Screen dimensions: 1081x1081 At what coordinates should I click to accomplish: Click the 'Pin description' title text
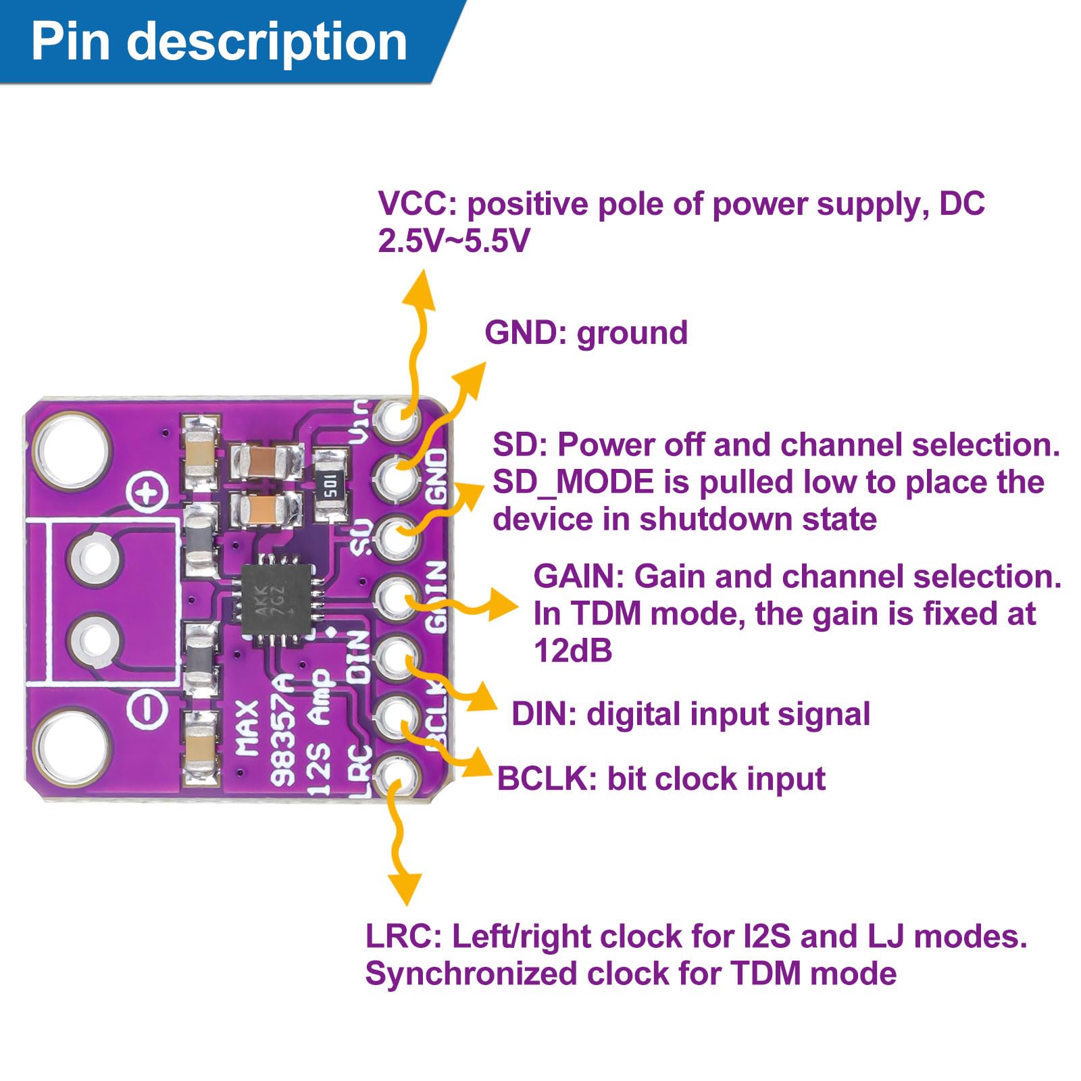[219, 42]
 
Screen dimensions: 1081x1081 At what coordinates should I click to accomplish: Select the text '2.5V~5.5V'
[453, 241]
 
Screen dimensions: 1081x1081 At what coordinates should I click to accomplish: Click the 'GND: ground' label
[586, 333]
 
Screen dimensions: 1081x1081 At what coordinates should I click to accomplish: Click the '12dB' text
[573, 651]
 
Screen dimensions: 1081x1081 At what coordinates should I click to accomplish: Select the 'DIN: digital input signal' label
[690, 714]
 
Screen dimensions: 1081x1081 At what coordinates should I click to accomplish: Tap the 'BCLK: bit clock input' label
[661, 779]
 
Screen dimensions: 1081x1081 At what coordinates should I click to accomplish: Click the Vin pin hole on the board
[399, 419]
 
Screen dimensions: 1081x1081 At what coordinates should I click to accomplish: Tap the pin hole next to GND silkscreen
[398, 477]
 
